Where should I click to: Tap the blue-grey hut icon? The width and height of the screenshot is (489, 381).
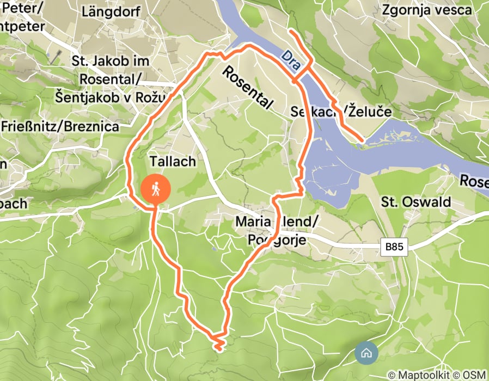coord(366,353)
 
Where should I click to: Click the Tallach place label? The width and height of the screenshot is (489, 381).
coord(172,162)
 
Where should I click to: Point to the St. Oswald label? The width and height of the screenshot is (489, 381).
coord(416,202)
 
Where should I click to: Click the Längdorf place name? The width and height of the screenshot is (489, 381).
coord(111,11)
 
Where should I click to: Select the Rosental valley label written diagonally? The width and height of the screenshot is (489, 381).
coord(248,87)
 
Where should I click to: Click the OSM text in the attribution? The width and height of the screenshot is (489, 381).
coord(474,375)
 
